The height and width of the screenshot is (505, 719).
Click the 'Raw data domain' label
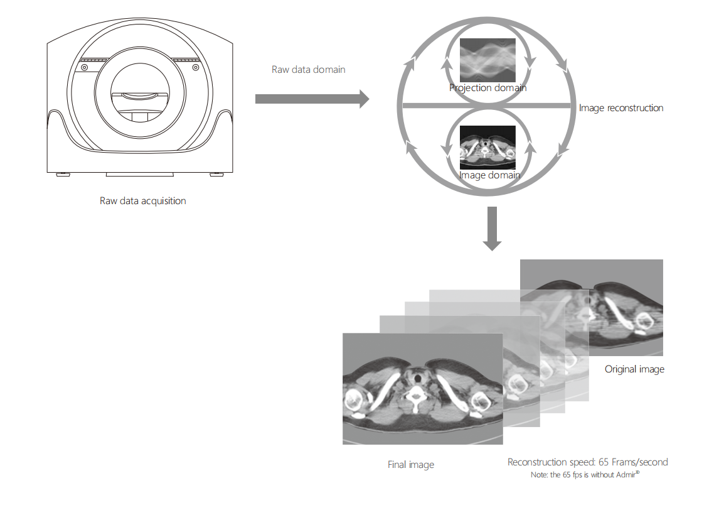[308, 70]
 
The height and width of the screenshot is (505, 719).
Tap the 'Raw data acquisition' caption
[142, 201]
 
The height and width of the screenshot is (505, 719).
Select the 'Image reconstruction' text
[620, 108]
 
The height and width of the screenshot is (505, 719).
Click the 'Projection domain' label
[487, 88]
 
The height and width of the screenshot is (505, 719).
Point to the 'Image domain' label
[489, 175]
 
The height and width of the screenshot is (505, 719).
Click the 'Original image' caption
[634, 369]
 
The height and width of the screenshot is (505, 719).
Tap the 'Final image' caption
[410, 465]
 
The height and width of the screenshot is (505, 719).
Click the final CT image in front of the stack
[422, 388]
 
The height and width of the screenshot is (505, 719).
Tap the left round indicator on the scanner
[84, 67]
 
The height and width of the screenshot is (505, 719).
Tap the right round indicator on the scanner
[195, 67]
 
